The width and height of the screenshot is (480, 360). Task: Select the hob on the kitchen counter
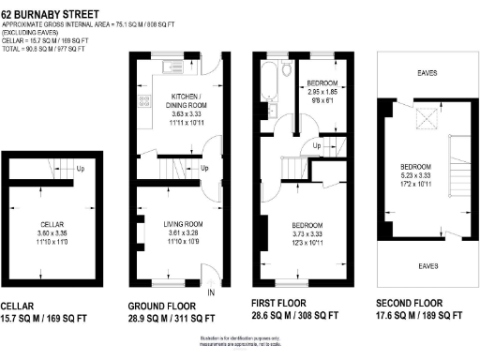[144, 99]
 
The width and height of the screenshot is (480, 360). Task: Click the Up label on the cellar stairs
[82, 170]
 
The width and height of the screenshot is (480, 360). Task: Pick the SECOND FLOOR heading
[414, 306]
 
